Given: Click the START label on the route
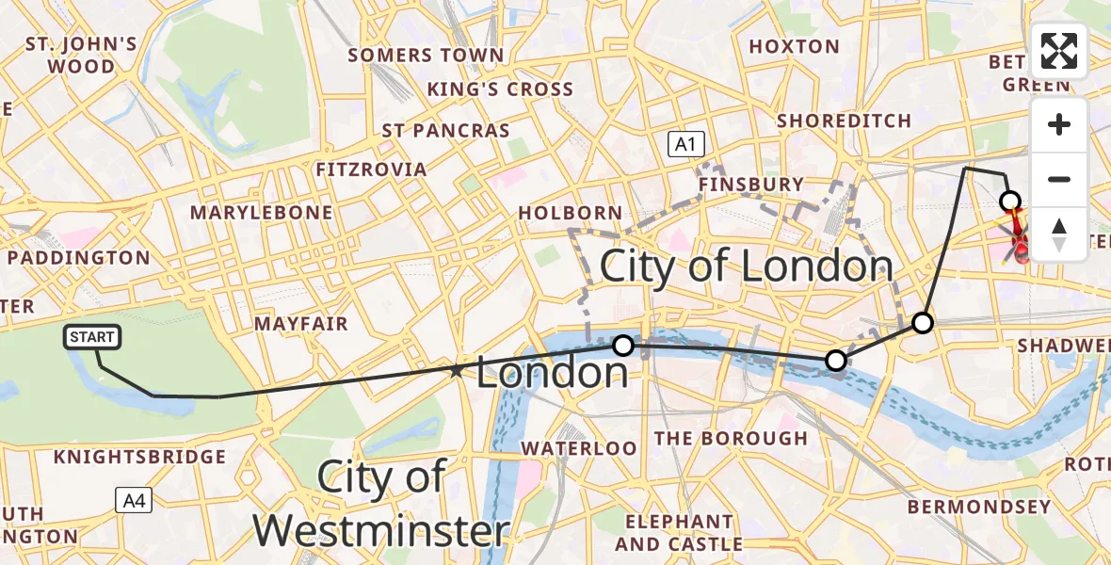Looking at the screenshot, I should click(x=92, y=337).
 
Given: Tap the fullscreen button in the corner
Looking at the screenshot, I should click(x=1059, y=51).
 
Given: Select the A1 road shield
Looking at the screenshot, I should click(x=685, y=144).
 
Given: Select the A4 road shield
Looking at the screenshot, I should click(x=134, y=500).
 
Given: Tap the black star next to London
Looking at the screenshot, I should click(x=457, y=371).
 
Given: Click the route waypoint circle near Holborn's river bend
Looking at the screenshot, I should click(x=623, y=346).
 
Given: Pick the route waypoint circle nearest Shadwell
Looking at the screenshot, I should click(x=923, y=323).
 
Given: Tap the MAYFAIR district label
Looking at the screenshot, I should click(x=301, y=324).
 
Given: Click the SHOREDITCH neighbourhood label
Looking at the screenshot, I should click(x=844, y=121).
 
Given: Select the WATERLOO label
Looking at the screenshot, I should click(x=578, y=448).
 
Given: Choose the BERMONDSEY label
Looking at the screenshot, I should click(x=978, y=508).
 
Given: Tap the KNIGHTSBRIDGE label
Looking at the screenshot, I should click(x=140, y=457).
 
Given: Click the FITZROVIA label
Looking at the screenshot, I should click(x=372, y=169).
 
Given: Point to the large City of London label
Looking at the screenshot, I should click(x=746, y=266).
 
